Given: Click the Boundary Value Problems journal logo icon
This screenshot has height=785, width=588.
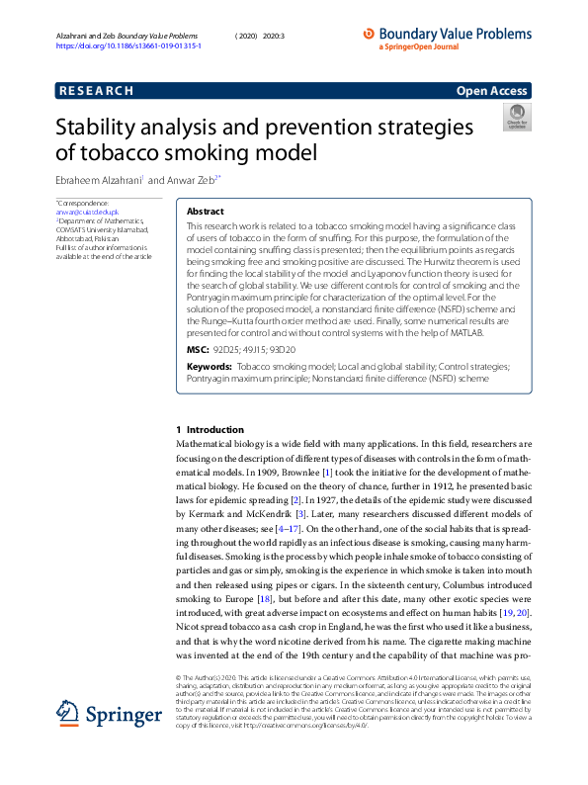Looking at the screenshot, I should point(370,34).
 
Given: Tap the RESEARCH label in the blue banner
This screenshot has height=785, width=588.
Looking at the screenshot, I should point(96,91).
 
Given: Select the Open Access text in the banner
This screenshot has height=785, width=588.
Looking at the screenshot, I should point(491,91).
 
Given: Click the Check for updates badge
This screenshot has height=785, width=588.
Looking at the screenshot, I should point(517,122).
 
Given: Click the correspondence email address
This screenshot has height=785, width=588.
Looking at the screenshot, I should point(87,213).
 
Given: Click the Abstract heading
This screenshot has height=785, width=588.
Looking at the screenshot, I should point(206,212).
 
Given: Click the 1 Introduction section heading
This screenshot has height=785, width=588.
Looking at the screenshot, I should point(209,430).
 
